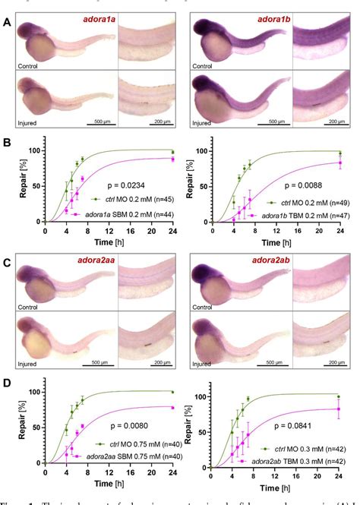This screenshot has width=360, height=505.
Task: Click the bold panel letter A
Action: [7, 22]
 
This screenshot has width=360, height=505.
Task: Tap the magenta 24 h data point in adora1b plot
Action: [340, 163]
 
